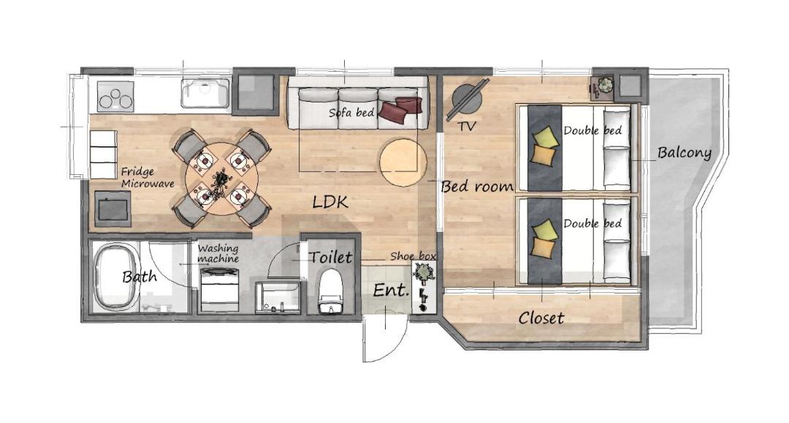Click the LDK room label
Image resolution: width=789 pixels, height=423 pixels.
[x=330, y=203]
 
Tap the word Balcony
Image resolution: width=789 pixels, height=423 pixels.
[x=685, y=153]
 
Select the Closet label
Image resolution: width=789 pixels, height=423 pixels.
[x=541, y=318]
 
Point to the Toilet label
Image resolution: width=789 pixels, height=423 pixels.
[x=330, y=257]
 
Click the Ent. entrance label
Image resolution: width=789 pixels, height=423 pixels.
[x=390, y=291]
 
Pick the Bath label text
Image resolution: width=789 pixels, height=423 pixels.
[x=140, y=277]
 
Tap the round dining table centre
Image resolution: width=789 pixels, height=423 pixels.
[x=222, y=179]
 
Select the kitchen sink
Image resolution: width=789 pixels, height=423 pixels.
[x=205, y=93]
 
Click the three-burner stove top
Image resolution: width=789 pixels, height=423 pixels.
[x=115, y=97]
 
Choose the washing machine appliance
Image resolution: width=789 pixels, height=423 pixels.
[x=219, y=289]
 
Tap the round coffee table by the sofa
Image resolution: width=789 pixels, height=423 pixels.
[x=403, y=162]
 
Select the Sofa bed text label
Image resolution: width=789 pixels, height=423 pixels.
[x=351, y=113]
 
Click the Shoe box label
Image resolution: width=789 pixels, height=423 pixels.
[x=413, y=256]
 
